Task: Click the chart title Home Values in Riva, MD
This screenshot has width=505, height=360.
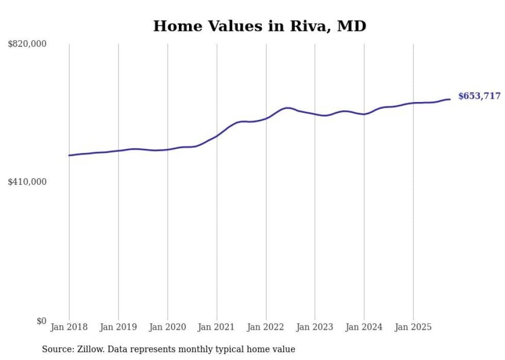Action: (x=259, y=26)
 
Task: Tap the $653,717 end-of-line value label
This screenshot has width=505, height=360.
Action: (x=479, y=96)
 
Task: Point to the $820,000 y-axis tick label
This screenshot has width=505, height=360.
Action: (x=27, y=44)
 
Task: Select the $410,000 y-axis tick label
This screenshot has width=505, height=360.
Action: (x=27, y=182)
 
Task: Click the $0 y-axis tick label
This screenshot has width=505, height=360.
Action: (x=41, y=321)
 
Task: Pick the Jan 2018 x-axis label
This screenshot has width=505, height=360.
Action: (x=69, y=327)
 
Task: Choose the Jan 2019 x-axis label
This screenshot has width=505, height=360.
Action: (x=118, y=327)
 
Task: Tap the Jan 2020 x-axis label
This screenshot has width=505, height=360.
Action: (x=167, y=327)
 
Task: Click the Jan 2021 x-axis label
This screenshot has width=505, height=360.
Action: (x=216, y=327)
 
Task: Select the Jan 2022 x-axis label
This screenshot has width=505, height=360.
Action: (x=266, y=327)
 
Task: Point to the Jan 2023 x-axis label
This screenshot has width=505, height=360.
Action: (x=315, y=327)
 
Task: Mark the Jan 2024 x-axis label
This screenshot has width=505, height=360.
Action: (x=364, y=327)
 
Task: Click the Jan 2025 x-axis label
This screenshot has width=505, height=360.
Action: (x=413, y=327)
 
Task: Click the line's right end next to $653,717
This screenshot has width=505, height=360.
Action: (x=450, y=99)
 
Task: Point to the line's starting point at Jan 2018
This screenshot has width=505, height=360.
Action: (x=69, y=155)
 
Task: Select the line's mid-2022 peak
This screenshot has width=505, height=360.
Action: (x=288, y=108)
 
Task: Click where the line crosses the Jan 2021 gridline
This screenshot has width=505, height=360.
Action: (x=216, y=136)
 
